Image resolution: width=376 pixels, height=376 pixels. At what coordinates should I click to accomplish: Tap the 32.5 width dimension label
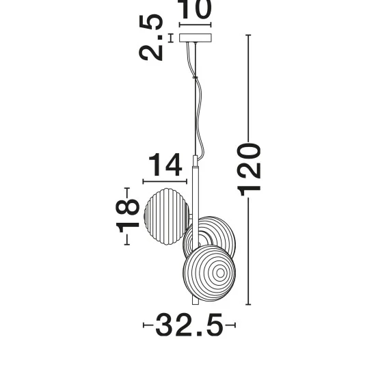pos(189,325)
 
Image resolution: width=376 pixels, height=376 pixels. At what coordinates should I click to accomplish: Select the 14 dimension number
pos(165,165)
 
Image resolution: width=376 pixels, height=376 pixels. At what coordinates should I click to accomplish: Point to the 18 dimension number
pos(127,215)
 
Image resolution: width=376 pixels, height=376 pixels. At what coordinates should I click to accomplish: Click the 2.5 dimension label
pos(151,37)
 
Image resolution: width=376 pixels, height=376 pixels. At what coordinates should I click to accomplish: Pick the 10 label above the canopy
pos(195,9)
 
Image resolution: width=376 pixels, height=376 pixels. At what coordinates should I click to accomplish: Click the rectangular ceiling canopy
pos(196,38)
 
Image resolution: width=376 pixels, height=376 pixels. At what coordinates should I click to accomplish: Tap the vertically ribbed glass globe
pos(167,217)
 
